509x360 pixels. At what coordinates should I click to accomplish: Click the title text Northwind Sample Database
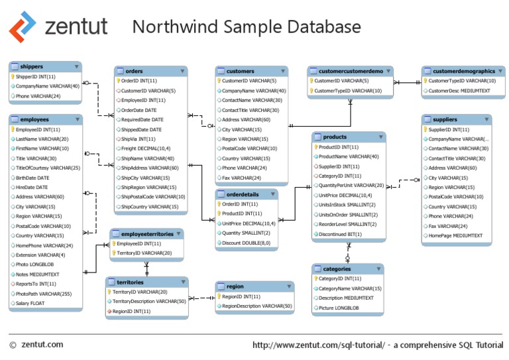(245, 27)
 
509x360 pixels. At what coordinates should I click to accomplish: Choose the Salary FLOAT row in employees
(30, 303)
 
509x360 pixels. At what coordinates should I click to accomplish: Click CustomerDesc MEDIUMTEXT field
(459, 91)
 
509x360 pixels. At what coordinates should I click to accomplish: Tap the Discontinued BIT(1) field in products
(340, 234)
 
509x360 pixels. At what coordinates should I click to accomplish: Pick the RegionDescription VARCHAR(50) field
(257, 306)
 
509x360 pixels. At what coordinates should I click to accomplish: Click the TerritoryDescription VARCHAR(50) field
(149, 301)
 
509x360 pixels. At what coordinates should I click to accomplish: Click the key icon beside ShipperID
(13, 77)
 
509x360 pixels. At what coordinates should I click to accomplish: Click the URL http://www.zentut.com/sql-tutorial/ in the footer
(318, 345)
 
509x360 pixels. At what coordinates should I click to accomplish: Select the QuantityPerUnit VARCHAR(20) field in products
(351, 186)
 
